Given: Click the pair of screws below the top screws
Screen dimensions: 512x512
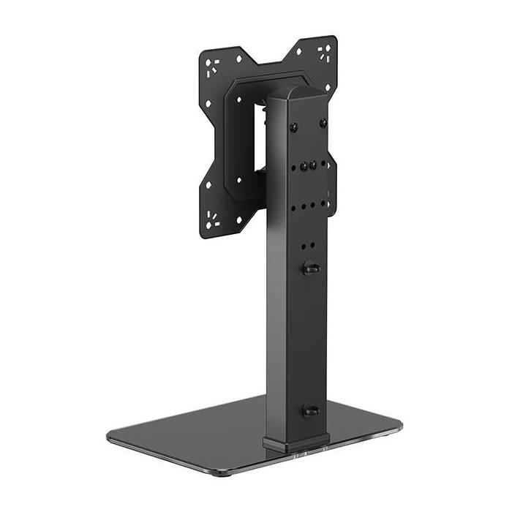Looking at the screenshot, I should pos(307,166).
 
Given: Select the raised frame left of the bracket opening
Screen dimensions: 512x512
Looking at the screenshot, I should pos(234,139).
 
